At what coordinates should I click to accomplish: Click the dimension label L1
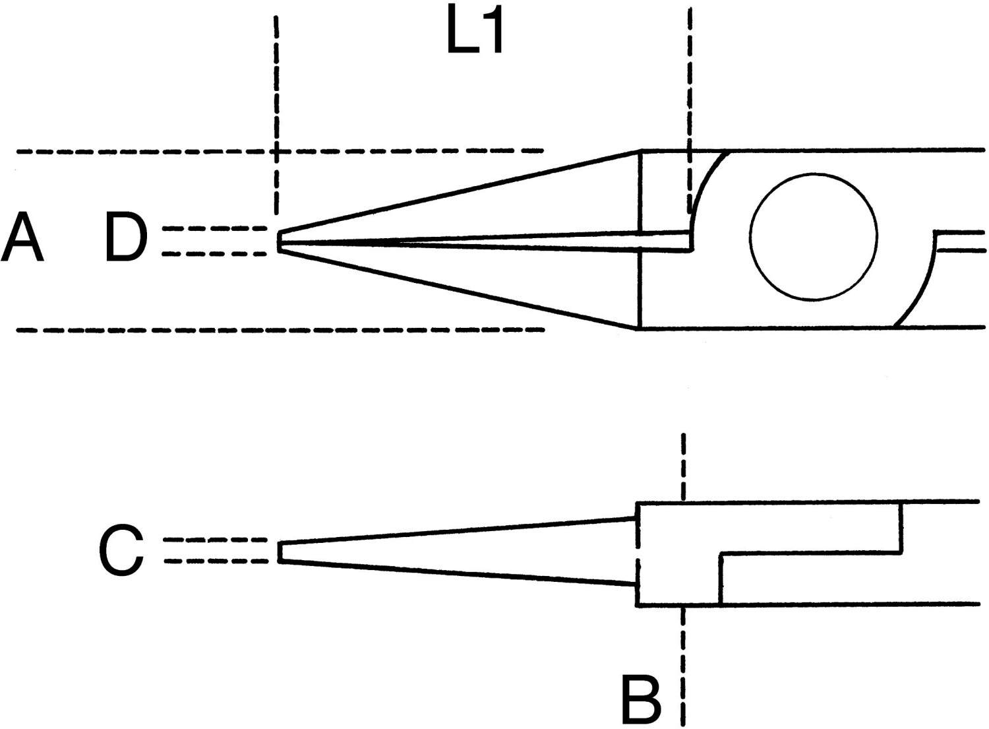coord(475,29)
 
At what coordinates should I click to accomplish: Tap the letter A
coord(22,236)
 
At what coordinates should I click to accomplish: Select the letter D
coord(126,236)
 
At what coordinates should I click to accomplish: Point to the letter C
coord(121,550)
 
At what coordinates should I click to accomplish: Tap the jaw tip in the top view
coord(279,241)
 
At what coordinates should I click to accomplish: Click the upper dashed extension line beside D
coord(214,229)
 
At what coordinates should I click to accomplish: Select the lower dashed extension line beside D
coord(214,254)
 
